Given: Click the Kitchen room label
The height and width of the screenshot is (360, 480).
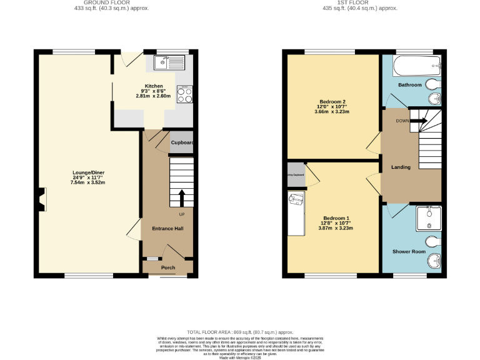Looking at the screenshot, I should pyautogui.click(x=154, y=86).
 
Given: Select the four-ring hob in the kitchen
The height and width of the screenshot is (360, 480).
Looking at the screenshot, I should pyautogui.click(x=186, y=94).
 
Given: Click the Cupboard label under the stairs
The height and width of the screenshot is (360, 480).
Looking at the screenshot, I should pyautogui.click(x=182, y=143).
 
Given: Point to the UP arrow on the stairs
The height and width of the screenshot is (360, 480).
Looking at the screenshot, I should pyautogui.click(x=182, y=199).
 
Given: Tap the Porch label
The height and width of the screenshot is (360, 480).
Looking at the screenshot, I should pyautogui.click(x=168, y=267).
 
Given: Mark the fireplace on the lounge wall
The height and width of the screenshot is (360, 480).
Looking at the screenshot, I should pyautogui.click(x=41, y=201).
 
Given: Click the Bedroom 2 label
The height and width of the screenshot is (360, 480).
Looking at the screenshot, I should pyautogui.click(x=332, y=101).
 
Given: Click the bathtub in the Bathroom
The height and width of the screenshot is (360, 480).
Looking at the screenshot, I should pyautogui.click(x=410, y=66).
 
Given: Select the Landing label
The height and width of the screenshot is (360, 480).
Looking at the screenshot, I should pyautogui.click(x=401, y=167).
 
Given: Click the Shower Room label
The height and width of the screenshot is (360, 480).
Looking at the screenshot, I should pyautogui.click(x=409, y=251).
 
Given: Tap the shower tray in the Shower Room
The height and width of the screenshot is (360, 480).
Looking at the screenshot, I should pyautogui.click(x=429, y=219).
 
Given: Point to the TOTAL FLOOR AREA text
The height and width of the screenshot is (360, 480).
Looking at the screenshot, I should pyautogui.click(x=240, y=332).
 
